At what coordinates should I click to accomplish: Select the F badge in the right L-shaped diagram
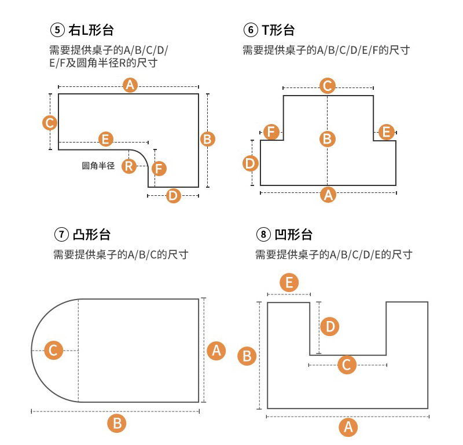[x=159, y=169]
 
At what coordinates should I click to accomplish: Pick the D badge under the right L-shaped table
[x=173, y=195]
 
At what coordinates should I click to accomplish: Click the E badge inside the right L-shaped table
[x=105, y=139]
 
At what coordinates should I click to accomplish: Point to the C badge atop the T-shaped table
[x=328, y=86]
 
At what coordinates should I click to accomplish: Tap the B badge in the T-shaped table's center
[x=327, y=138]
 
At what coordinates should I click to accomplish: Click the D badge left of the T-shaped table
[x=250, y=163]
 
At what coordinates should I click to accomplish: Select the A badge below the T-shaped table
[x=328, y=195]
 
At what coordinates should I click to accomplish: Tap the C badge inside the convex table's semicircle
[x=53, y=351]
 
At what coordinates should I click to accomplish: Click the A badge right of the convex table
[x=216, y=350]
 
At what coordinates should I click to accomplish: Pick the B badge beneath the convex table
[x=117, y=423]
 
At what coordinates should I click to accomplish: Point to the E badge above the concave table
[x=289, y=283]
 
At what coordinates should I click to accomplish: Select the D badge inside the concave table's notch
[x=329, y=327]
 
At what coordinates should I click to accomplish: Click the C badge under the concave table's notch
[x=347, y=365]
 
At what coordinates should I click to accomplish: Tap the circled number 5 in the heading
[x=56, y=30]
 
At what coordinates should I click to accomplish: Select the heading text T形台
[x=278, y=30]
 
